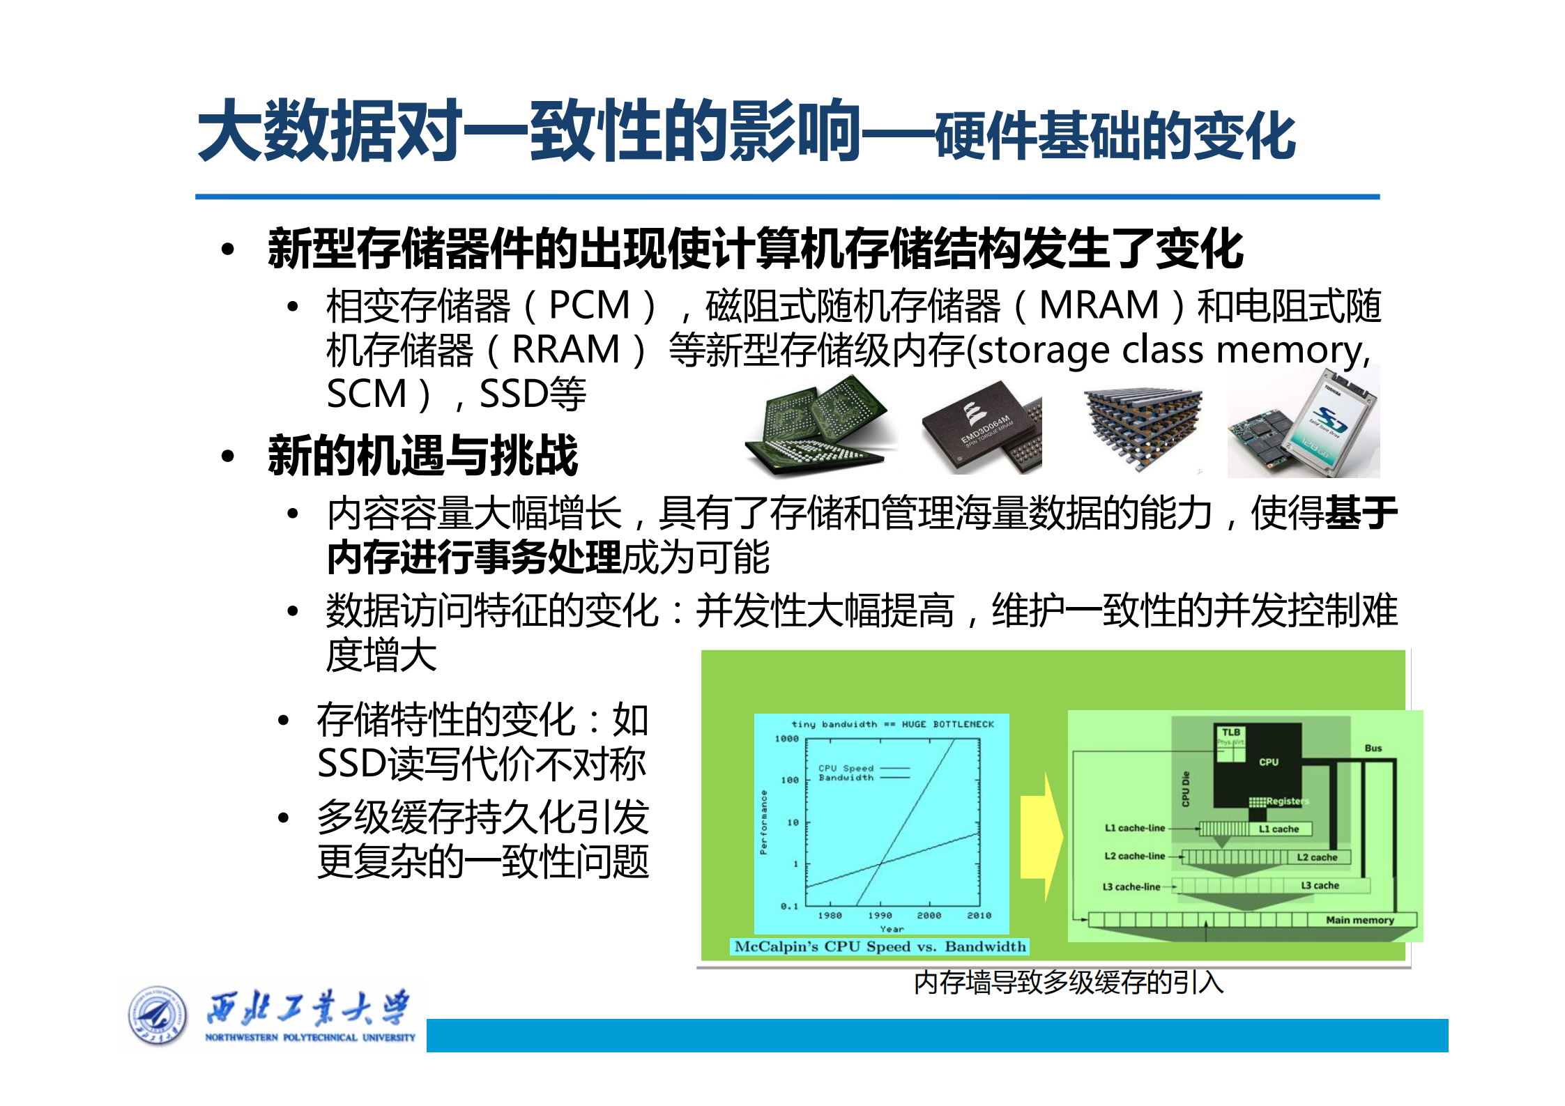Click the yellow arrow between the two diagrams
pos(1041,836)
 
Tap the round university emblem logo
pos(158,1016)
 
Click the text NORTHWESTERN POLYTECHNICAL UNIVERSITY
pos(310,1037)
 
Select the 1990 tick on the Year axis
pos(880,915)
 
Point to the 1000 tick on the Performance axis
pos(787,739)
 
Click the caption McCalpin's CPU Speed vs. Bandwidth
pos(880,946)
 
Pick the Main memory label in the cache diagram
pos(1359,920)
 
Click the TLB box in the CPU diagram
pos(1231,732)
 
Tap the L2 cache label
pos(1317,857)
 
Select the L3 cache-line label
pos(1131,886)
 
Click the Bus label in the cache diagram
pos(1373,748)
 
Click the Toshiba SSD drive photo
pos(1304,424)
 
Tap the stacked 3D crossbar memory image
pos(1143,427)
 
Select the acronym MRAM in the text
pos(1099,305)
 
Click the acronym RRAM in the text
pos(565,350)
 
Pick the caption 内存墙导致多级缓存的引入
pos(1068,983)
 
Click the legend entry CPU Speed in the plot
pos(845,768)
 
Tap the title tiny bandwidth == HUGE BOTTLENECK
pos(892,724)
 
